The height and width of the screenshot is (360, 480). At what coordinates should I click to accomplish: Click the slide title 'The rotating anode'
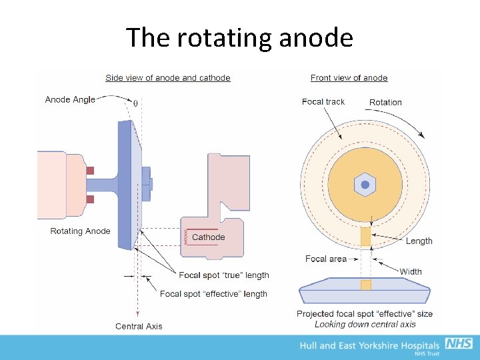tap(239, 38)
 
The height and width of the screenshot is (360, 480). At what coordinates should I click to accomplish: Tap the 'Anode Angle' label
tap(70, 100)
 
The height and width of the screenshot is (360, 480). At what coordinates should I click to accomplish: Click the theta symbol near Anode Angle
tap(136, 103)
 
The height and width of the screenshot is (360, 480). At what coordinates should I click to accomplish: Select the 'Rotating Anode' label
tap(81, 231)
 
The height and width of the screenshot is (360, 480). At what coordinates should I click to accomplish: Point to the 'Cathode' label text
tap(209, 237)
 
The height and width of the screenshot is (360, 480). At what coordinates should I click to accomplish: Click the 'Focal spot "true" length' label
tap(224, 275)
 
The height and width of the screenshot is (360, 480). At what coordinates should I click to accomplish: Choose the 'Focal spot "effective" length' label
tap(213, 294)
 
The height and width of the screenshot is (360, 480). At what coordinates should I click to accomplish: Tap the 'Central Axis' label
tap(139, 326)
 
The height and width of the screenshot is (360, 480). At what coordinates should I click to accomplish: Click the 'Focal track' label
tap(323, 102)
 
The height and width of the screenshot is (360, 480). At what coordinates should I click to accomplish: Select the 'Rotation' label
tap(385, 103)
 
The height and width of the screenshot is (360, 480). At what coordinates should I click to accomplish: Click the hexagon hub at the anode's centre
tap(365, 185)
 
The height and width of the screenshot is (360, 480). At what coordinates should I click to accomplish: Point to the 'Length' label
tap(419, 241)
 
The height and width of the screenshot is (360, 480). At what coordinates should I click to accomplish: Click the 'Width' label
tap(411, 271)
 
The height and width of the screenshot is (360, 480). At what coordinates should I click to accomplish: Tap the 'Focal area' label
tap(326, 259)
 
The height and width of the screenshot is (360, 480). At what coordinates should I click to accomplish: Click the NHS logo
tap(459, 344)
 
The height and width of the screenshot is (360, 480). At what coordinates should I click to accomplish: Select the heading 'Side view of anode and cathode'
tap(168, 78)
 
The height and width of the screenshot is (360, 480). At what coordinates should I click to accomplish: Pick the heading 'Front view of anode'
tap(349, 78)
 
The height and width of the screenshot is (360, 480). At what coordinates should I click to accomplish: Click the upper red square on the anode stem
tap(90, 170)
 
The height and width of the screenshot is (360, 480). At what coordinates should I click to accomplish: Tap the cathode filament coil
tap(185, 237)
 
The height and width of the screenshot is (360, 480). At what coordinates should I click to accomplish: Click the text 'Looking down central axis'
tap(365, 325)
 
